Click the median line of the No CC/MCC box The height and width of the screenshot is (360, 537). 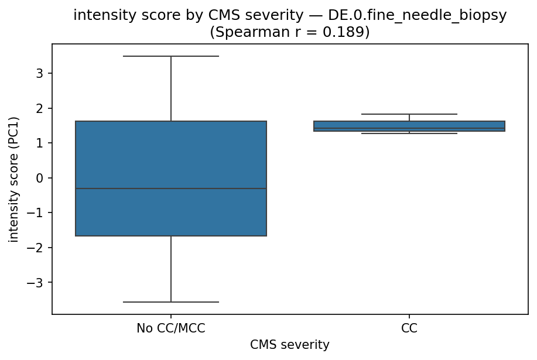click(171, 188)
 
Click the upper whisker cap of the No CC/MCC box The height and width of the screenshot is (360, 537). click(171, 56)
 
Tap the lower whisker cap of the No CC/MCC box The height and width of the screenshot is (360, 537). click(171, 302)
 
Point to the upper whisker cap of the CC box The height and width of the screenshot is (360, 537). click(409, 114)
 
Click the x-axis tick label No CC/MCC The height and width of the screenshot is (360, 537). click(171, 328)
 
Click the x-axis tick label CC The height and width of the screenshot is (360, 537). click(409, 328)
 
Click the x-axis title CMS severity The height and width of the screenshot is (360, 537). click(289, 345)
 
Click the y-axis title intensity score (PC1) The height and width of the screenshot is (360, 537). click(13, 178)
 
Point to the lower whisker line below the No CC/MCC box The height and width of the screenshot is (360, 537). click(171, 269)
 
